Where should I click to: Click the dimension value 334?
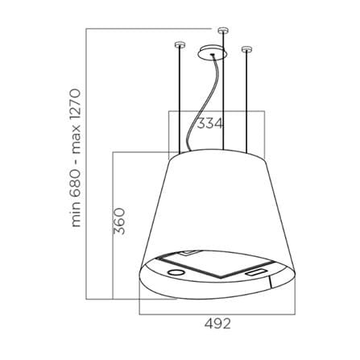pos(210,124)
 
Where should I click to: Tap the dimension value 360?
pos(119,221)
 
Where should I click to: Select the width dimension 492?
pos(217,324)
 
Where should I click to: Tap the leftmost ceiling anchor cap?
pos(179,44)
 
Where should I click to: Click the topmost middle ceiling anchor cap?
pos(222,30)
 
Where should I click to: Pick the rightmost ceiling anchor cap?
pos(246,49)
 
